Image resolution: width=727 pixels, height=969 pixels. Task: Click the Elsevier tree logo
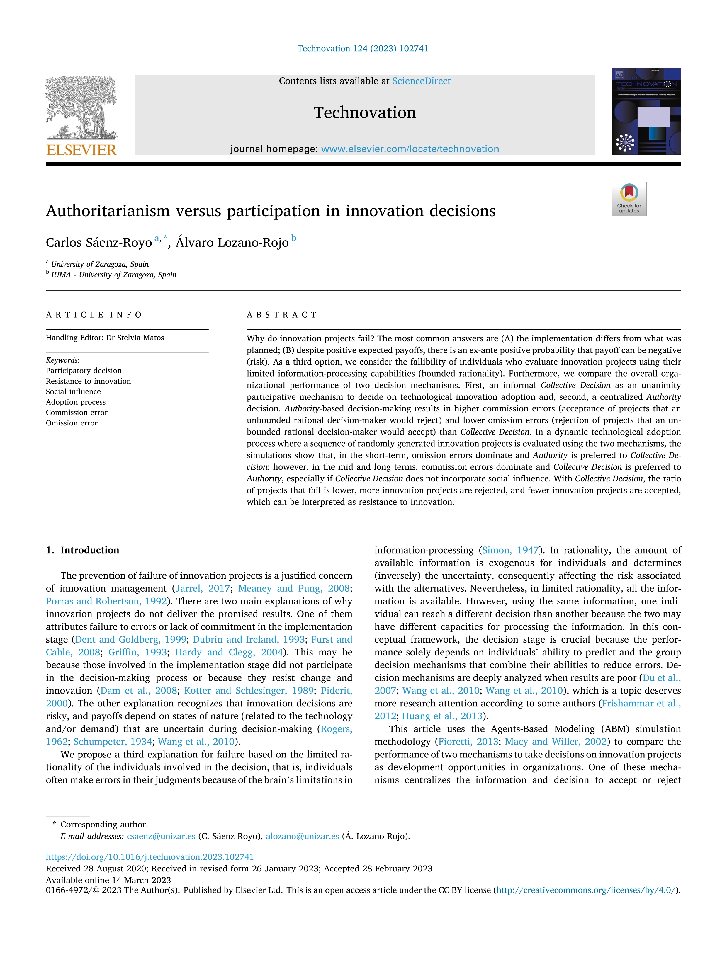point(81,107)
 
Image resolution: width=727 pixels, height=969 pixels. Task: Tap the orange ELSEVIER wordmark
point(81,150)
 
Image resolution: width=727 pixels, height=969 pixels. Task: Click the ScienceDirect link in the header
point(421,81)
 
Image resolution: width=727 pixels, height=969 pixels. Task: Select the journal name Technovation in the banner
point(365,113)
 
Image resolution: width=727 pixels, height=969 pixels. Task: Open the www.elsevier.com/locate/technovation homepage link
point(410,149)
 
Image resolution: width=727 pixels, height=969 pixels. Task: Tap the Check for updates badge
point(629,199)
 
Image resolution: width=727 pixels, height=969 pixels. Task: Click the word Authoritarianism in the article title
point(108,211)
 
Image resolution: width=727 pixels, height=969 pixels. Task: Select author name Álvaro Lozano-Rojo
point(232,243)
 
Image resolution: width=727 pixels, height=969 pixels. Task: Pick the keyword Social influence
point(73,392)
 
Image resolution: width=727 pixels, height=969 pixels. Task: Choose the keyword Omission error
point(72,423)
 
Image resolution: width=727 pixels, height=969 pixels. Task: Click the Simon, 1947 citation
point(510,550)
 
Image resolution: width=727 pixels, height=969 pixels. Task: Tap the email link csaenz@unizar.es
point(161,836)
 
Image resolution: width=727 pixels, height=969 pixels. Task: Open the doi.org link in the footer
point(150,857)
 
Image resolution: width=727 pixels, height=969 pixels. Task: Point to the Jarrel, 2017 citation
point(203,588)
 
